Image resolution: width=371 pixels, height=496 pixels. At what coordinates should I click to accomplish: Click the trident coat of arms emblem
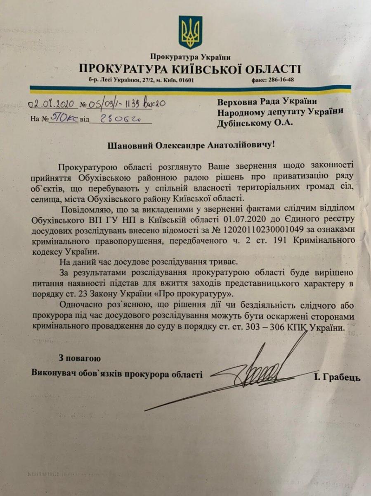tap(190, 33)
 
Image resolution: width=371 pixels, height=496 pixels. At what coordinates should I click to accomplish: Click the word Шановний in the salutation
tap(130, 145)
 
